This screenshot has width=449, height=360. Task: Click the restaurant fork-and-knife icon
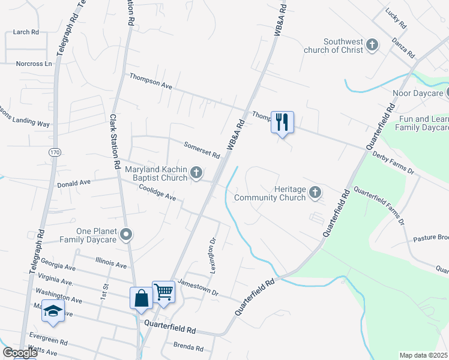(282, 122)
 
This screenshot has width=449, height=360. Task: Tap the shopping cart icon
(163, 292)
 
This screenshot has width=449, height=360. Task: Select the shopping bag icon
(141, 298)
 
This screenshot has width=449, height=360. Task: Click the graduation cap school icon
(53, 311)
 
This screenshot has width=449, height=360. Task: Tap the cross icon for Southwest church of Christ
(372, 44)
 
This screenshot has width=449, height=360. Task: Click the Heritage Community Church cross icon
(315, 193)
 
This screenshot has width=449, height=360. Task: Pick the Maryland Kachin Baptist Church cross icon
(196, 173)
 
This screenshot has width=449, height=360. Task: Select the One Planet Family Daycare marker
(125, 235)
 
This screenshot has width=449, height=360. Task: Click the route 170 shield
(55, 152)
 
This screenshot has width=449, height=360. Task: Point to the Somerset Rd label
(202, 149)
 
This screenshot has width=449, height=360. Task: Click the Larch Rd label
(26, 32)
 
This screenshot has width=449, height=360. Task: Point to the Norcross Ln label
(34, 64)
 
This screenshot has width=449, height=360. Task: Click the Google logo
(20, 353)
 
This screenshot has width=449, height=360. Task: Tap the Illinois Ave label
(111, 263)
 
